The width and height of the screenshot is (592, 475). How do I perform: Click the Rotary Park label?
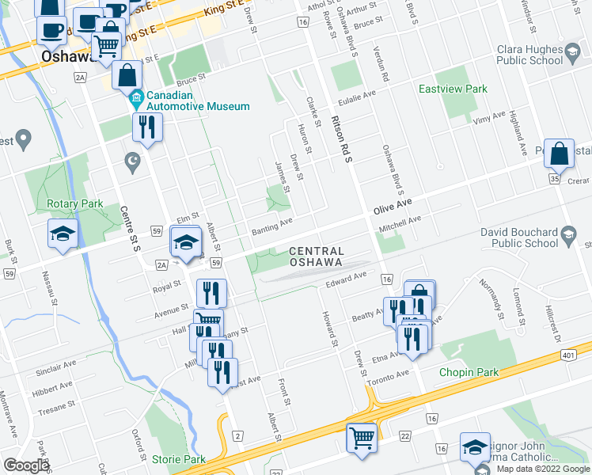[x=75, y=203]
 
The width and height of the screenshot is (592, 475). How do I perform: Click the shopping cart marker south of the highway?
[x=362, y=436]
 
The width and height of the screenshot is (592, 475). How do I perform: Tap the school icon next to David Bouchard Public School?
[x=568, y=233]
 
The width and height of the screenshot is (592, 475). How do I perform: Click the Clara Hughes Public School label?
[x=529, y=54]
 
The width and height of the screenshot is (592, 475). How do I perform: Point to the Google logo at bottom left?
[x=25, y=465]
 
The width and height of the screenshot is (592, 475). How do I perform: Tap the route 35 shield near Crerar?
[x=554, y=180]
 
